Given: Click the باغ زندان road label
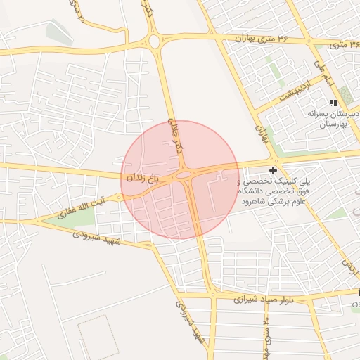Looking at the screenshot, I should [x=148, y=179].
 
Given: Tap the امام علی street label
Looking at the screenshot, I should [x=322, y=72].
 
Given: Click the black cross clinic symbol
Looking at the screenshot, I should [x=274, y=170].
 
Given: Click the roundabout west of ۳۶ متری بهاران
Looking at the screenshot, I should [x=155, y=41].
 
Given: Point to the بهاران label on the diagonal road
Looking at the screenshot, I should [x=263, y=132].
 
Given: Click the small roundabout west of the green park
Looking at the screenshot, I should [x=37, y=221].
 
